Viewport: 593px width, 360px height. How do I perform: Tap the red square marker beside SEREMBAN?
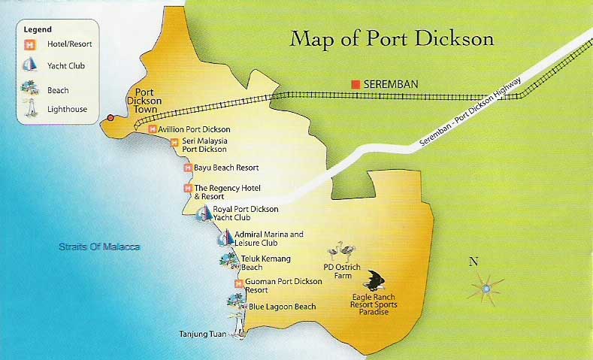click(x=355, y=84)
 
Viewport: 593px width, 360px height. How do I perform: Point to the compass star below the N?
click(x=486, y=288)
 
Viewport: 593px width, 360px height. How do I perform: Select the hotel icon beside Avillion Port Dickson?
click(x=152, y=129)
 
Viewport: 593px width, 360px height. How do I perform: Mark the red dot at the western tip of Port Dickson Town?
click(x=110, y=118)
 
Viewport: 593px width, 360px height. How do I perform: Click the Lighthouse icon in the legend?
click(x=31, y=109)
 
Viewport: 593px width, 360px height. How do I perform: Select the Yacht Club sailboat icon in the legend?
click(x=31, y=66)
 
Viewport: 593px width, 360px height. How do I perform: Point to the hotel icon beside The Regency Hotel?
click(x=187, y=188)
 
